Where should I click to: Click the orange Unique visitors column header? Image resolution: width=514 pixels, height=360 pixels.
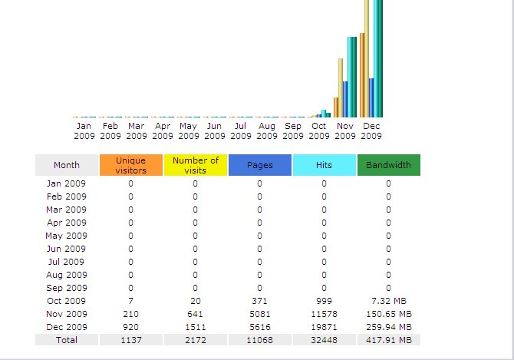coord(130,165)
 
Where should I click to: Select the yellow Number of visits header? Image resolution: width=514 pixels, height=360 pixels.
coord(195,165)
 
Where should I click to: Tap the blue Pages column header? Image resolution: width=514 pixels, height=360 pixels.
coord(259,165)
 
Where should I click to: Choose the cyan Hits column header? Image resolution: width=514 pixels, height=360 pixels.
coord(324,165)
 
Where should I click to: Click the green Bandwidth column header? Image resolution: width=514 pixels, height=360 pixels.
coord(388,165)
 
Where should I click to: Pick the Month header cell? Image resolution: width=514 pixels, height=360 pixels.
coord(67,165)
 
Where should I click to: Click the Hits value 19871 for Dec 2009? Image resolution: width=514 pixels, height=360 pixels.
coord(324,326)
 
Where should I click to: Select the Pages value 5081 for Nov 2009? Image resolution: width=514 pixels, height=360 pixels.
coord(259,313)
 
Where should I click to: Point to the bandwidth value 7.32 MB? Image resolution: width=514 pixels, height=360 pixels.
coord(388,300)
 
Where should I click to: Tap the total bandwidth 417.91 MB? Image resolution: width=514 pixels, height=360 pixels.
coord(388,339)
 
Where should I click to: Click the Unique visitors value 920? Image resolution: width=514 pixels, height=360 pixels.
coord(130,326)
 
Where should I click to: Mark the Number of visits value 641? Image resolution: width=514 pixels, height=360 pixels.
coord(195,313)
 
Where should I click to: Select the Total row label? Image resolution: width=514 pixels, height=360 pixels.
coord(67,339)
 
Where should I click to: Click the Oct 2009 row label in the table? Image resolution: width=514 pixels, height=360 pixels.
coord(67,300)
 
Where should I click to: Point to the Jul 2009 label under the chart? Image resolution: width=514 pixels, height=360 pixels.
coord(241,130)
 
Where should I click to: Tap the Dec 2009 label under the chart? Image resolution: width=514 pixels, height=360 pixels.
coord(371,130)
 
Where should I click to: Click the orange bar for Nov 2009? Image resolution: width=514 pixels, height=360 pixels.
coord(336,107)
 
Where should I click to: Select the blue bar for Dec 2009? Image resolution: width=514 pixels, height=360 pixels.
coord(371,97)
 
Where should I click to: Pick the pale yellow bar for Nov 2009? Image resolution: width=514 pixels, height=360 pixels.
coord(341,88)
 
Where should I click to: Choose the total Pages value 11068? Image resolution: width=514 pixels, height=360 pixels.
coord(259,339)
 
